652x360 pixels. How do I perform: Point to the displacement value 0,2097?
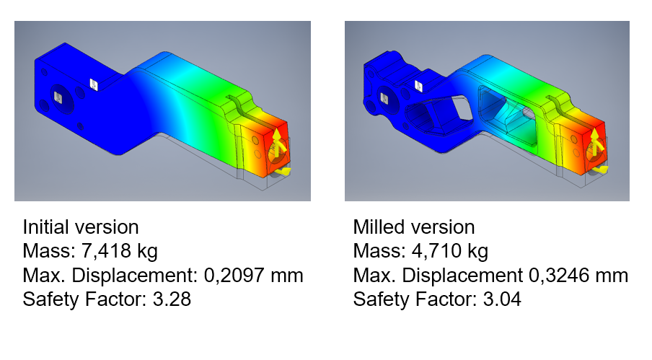coord(242,275)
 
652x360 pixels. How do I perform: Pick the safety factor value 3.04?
coord(501,299)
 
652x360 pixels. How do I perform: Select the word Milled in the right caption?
coord(377,227)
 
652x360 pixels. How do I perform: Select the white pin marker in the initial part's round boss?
coord(58,94)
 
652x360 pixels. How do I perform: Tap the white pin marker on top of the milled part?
coord(419,85)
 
